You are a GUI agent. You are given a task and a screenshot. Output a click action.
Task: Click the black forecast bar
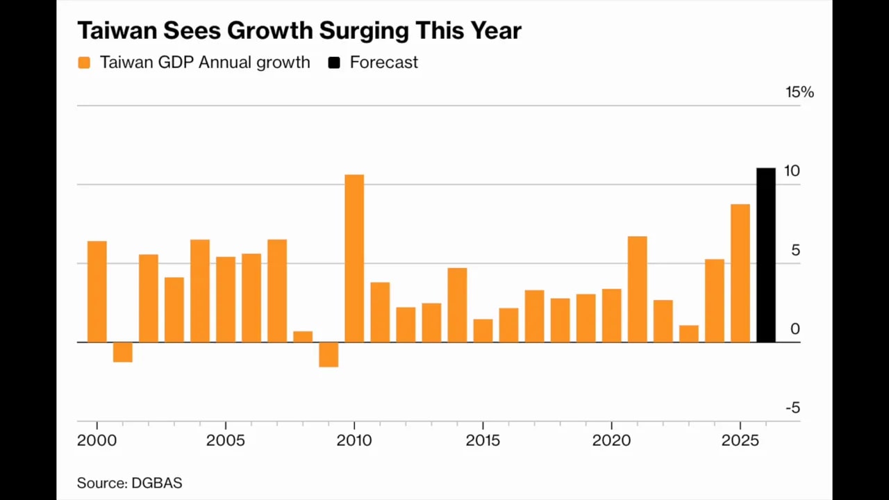766,255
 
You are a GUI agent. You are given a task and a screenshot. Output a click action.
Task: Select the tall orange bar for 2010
354,258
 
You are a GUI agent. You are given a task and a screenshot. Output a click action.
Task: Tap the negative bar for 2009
329,355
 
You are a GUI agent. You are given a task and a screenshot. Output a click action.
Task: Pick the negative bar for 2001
123,352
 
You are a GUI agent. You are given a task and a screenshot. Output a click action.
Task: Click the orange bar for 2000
97,292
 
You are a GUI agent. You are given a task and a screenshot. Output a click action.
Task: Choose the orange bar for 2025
740,274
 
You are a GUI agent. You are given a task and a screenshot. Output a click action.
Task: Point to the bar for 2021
638,290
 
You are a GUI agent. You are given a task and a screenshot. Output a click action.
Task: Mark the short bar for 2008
303,337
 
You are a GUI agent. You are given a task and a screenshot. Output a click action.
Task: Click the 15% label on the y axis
799,92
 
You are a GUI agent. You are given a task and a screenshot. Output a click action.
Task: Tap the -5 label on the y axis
793,408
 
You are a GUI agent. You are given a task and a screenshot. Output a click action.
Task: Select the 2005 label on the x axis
226,440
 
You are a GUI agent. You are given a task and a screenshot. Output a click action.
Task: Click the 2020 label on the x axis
612,440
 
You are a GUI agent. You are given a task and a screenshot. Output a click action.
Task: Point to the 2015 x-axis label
483,440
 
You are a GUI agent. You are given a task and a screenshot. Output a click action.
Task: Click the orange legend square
84,62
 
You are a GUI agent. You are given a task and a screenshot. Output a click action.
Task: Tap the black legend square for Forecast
334,62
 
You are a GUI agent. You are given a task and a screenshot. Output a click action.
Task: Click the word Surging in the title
364,31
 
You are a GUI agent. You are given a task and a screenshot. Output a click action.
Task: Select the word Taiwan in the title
117,30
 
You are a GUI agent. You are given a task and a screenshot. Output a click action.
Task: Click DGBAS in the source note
157,483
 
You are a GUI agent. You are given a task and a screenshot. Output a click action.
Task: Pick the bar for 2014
457,305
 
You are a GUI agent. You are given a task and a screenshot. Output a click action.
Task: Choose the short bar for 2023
689,334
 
